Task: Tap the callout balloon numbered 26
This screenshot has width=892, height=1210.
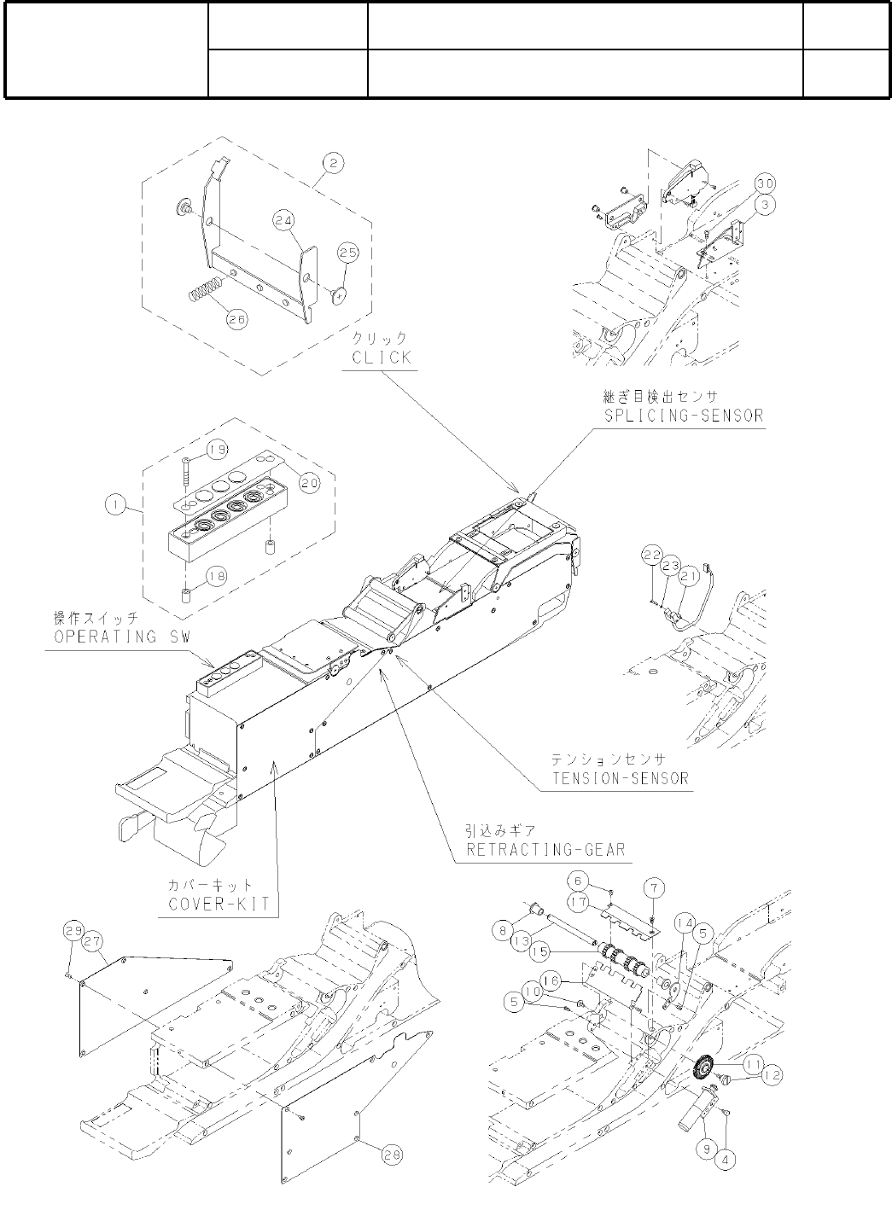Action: click(x=236, y=319)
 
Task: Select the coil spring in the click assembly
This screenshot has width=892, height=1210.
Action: click(x=205, y=290)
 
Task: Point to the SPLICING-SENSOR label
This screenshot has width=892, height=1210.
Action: click(x=680, y=415)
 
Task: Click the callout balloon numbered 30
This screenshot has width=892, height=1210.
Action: click(x=764, y=184)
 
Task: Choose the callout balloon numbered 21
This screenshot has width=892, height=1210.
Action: click(x=689, y=578)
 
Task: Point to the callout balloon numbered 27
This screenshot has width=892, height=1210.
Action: click(x=92, y=940)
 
